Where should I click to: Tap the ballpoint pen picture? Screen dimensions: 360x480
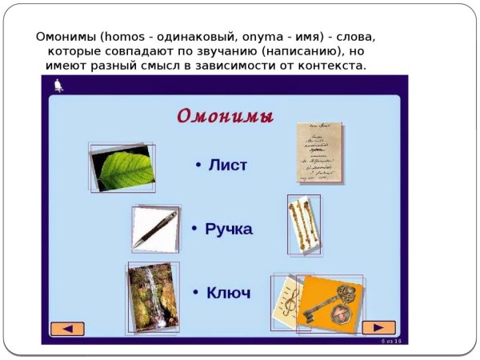tap(156, 228)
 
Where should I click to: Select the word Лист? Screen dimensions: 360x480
tap(228, 166)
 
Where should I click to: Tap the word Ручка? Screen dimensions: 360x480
tap(229, 230)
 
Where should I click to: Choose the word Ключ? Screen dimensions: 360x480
tap(229, 293)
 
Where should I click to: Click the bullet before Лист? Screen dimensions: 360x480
tap(198, 165)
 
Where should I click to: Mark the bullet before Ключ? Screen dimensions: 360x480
tap(196, 293)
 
